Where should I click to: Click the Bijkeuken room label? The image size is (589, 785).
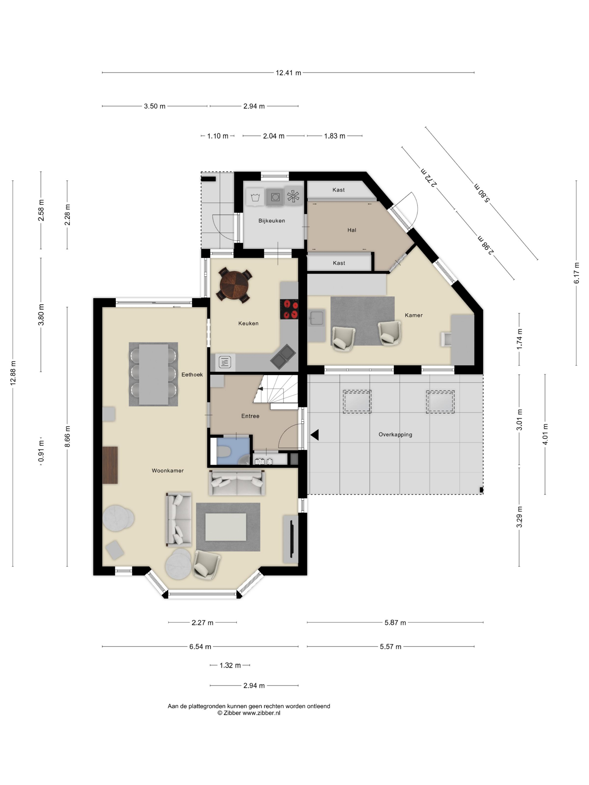[272, 221]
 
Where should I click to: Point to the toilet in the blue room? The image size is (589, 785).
[223, 452]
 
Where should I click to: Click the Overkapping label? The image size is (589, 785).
[395, 435]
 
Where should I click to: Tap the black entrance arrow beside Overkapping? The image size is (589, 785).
[315, 435]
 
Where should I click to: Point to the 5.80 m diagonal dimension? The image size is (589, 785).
[482, 193]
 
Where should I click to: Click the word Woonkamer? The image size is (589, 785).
[167, 471]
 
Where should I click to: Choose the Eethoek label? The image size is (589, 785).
[192, 375]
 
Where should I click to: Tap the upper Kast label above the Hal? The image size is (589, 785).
[338, 190]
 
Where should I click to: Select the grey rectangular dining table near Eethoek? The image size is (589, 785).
[153, 374]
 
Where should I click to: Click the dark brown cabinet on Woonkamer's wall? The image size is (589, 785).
[110, 465]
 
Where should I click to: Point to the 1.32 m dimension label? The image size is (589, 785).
[230, 665]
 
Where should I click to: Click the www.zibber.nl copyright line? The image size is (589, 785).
[249, 713]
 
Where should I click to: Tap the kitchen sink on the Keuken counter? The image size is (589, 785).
[283, 357]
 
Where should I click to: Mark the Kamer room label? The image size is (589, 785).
[414, 315]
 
